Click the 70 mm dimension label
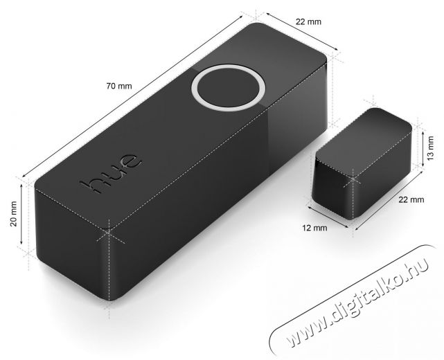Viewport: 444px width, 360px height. tap(119, 86)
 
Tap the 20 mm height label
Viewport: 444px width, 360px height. tap(13, 214)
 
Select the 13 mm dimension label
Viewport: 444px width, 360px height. tap(430, 148)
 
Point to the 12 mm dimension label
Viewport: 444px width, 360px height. tap(314, 228)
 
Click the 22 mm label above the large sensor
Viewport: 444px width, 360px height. tap(309, 21)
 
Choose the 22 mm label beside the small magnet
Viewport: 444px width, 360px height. tap(411, 199)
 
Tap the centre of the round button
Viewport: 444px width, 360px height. tap(228, 88)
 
